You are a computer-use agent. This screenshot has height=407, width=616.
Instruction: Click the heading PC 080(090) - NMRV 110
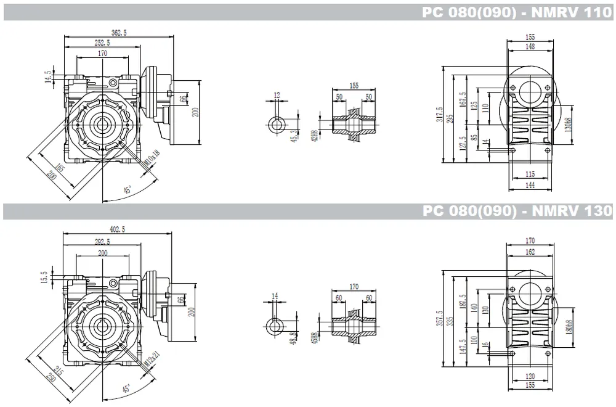(x=517, y=12)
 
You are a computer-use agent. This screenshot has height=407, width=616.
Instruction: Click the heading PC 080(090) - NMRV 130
(x=517, y=212)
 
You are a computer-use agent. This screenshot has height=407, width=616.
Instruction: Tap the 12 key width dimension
(x=277, y=95)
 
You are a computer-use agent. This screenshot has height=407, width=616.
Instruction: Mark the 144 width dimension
(x=530, y=184)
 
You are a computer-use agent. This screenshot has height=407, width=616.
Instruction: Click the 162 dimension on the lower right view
(x=530, y=252)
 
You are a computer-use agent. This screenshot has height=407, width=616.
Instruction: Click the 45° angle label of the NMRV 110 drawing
(x=128, y=191)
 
